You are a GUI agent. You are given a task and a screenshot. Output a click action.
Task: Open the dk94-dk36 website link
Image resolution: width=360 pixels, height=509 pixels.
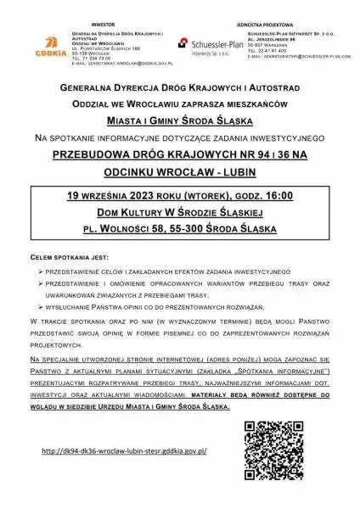[124, 451]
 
